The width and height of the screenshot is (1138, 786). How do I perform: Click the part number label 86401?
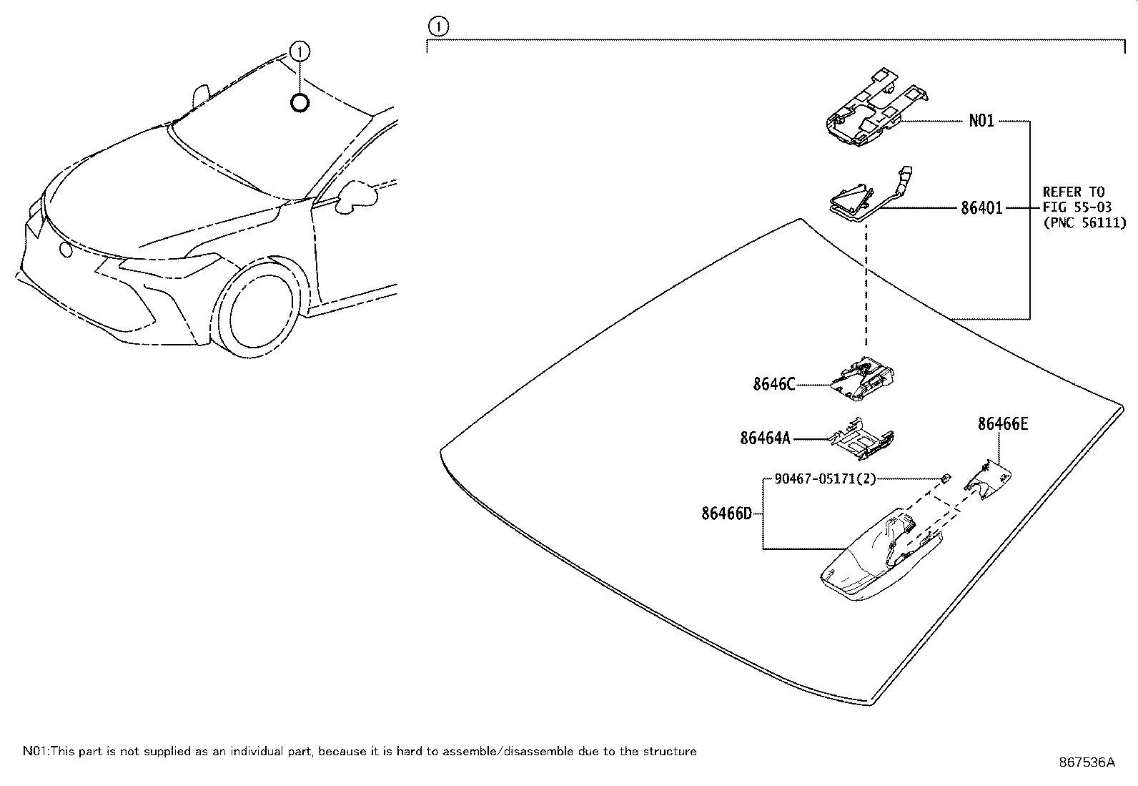coord(981,208)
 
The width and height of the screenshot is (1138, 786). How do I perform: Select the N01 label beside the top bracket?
coord(981,121)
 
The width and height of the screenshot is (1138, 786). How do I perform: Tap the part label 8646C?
coord(773,384)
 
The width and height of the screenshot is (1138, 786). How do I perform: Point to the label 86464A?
coord(765,438)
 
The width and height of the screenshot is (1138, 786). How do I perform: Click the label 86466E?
coord(1003,424)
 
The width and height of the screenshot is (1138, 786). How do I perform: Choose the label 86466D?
coord(726,513)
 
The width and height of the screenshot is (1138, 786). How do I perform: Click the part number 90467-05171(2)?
coord(825,478)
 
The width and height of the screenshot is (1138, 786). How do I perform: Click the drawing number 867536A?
coord(1087,762)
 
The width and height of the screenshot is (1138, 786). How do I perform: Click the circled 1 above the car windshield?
coord(300,51)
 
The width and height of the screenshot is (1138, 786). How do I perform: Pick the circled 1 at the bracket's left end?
coord(437,28)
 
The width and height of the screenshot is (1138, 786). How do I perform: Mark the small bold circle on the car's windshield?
coord(300,103)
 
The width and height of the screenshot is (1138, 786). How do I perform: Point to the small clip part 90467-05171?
coord(945,477)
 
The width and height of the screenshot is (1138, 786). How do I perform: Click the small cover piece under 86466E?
coord(989,481)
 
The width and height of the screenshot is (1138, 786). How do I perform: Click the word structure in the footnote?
coord(671,751)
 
